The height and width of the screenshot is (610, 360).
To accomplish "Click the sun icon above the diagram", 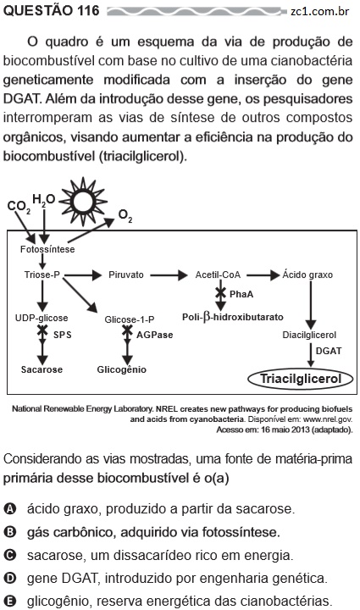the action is (x=83, y=202).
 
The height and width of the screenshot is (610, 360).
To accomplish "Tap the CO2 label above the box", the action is (x=19, y=207).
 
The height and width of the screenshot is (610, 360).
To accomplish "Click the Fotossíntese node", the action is (x=47, y=249).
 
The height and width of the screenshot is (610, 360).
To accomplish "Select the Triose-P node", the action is (x=42, y=274).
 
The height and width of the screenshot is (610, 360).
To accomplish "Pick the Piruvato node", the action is (x=126, y=274).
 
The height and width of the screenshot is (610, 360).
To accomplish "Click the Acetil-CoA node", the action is (x=218, y=274).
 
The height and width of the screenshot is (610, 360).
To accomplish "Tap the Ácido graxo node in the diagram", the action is (x=307, y=274).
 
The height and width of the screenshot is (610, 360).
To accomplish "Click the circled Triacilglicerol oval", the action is (x=301, y=379).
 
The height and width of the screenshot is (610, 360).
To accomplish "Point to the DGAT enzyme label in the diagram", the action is (x=329, y=351).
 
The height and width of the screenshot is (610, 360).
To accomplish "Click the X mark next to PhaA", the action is (x=220, y=292).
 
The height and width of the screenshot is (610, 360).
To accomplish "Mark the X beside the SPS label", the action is (x=42, y=331).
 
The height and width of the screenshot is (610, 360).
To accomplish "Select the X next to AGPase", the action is (x=127, y=331).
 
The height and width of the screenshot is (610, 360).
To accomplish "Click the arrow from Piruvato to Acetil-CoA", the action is (x=169, y=275).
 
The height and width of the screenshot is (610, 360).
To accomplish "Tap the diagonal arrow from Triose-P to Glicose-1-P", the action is (x=80, y=295).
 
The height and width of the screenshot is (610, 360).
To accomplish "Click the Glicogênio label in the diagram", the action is (x=122, y=369).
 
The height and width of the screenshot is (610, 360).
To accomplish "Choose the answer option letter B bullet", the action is (x=9, y=532).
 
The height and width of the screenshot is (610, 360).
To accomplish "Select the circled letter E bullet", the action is (x=9, y=601).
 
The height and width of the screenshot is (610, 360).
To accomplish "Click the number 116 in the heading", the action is (x=88, y=10).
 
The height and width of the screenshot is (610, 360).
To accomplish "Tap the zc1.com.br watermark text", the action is (x=319, y=11).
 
